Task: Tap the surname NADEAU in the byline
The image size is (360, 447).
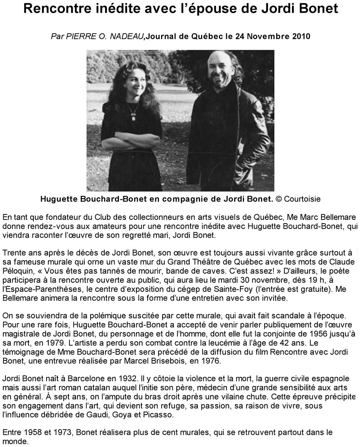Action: click(130, 37)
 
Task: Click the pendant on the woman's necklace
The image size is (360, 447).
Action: click(133, 117)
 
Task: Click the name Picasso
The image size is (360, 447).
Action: click(161, 415)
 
